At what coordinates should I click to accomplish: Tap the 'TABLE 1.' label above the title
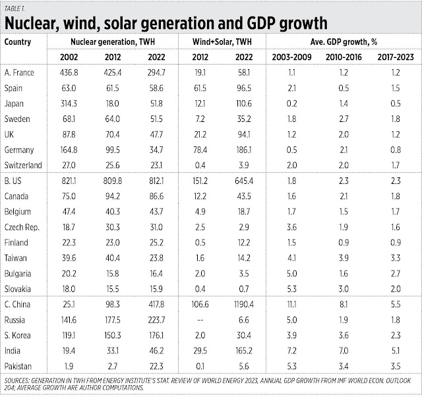point(16,7)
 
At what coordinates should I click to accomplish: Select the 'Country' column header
point(18,41)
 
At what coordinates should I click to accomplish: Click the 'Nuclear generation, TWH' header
point(113,41)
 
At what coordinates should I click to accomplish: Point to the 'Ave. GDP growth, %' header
point(343,41)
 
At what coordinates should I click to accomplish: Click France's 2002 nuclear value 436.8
point(69,72)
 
